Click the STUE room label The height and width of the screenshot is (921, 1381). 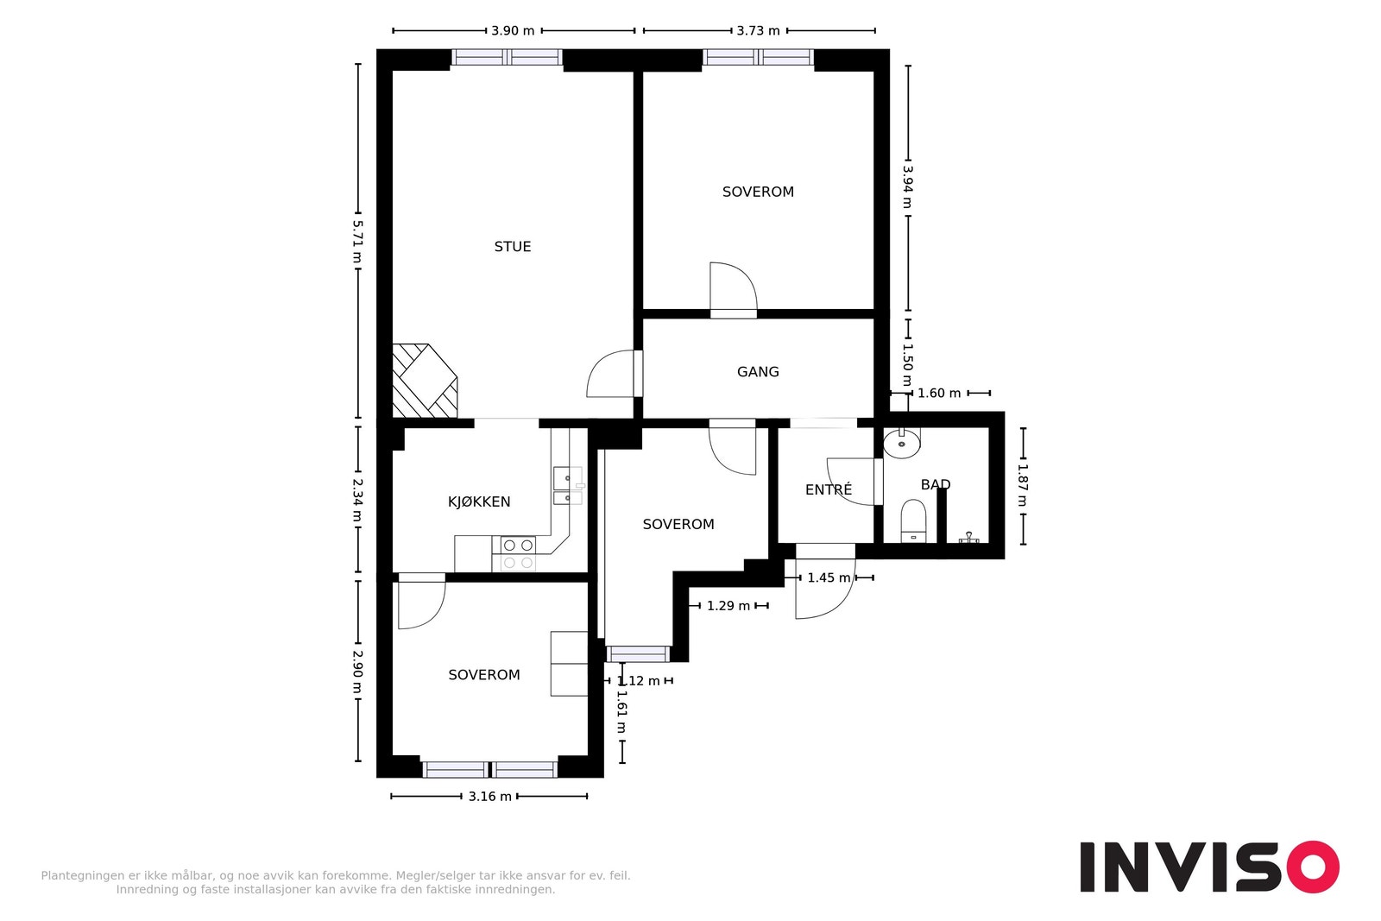(513, 247)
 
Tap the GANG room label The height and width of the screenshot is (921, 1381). (758, 372)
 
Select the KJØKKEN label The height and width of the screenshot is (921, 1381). (479, 502)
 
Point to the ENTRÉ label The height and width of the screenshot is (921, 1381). (829, 489)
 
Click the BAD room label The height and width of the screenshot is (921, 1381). (936, 484)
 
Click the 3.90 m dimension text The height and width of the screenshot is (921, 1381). (513, 31)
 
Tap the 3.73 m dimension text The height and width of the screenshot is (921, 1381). (758, 31)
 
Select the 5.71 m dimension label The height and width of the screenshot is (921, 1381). (357, 241)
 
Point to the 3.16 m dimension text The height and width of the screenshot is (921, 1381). (489, 797)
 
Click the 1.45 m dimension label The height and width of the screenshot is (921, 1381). (829, 577)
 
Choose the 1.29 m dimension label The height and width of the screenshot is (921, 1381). (728, 606)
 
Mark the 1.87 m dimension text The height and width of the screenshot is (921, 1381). (1022, 485)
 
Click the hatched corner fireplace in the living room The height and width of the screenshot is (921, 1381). (425, 381)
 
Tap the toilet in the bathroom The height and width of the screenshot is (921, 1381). (913, 520)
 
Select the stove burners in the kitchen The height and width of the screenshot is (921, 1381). (518, 553)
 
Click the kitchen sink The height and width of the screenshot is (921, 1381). (567, 486)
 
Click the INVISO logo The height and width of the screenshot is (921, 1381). (1209, 867)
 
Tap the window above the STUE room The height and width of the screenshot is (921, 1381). (507, 57)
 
